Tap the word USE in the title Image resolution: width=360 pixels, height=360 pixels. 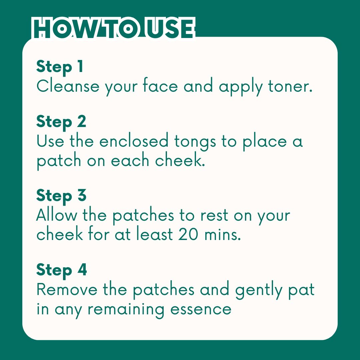pyautogui.click(x=170, y=28)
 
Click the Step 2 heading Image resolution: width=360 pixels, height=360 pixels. pyautogui.click(x=61, y=122)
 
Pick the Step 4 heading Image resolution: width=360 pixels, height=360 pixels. pyautogui.click(x=62, y=270)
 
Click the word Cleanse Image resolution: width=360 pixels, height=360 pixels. pyautogui.click(x=68, y=86)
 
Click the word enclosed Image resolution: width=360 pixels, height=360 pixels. pyautogui.click(x=134, y=141)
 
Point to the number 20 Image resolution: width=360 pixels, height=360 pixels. pyautogui.click(x=188, y=234)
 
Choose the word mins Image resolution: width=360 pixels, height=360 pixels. pyautogui.click(x=223, y=235)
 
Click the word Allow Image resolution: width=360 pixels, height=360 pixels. pyautogui.click(x=56, y=215)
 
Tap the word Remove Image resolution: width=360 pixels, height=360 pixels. pyautogui.click(x=67, y=290)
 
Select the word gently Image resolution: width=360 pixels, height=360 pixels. pyautogui.click(x=258, y=291)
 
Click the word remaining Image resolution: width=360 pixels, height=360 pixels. pyautogui.click(x=126, y=310)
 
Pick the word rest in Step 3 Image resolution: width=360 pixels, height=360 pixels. pyautogui.click(x=214, y=216)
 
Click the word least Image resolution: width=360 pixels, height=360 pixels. pyautogui.click(x=154, y=233)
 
